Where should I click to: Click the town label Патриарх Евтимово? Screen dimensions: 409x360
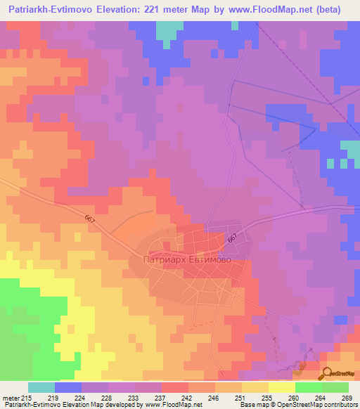coord(186,259)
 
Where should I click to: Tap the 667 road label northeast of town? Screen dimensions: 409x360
coord(233,239)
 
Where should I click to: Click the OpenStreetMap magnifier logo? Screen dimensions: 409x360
coord(328,372)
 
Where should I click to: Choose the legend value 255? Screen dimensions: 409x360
coord(268,397)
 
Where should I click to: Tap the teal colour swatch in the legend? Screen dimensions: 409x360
coord(41,387)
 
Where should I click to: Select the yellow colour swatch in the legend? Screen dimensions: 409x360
coord(281,387)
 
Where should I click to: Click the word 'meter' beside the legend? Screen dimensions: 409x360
coord(11,397)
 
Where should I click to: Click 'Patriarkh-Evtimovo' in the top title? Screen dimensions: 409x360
coord(48,10)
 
